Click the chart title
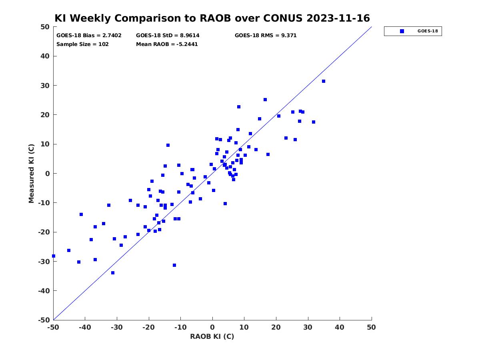(x=212, y=18)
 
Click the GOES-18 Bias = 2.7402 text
(x=89, y=36)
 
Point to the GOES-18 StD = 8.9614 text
(x=168, y=36)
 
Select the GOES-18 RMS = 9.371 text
(x=266, y=36)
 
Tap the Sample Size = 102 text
(x=82, y=44)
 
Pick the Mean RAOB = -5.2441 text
(x=167, y=44)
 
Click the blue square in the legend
(x=402, y=31)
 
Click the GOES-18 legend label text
(x=428, y=31)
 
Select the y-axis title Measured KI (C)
(x=31, y=173)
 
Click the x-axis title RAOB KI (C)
(x=212, y=336)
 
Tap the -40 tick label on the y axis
(x=44, y=291)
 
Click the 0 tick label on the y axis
(x=48, y=174)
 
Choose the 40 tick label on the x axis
(x=339, y=327)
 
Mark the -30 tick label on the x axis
(x=116, y=327)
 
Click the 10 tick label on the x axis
(x=244, y=327)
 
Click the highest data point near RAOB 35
(x=324, y=81)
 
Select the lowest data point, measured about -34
(x=113, y=273)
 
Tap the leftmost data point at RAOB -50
(x=54, y=256)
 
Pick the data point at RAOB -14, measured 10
(x=168, y=145)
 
